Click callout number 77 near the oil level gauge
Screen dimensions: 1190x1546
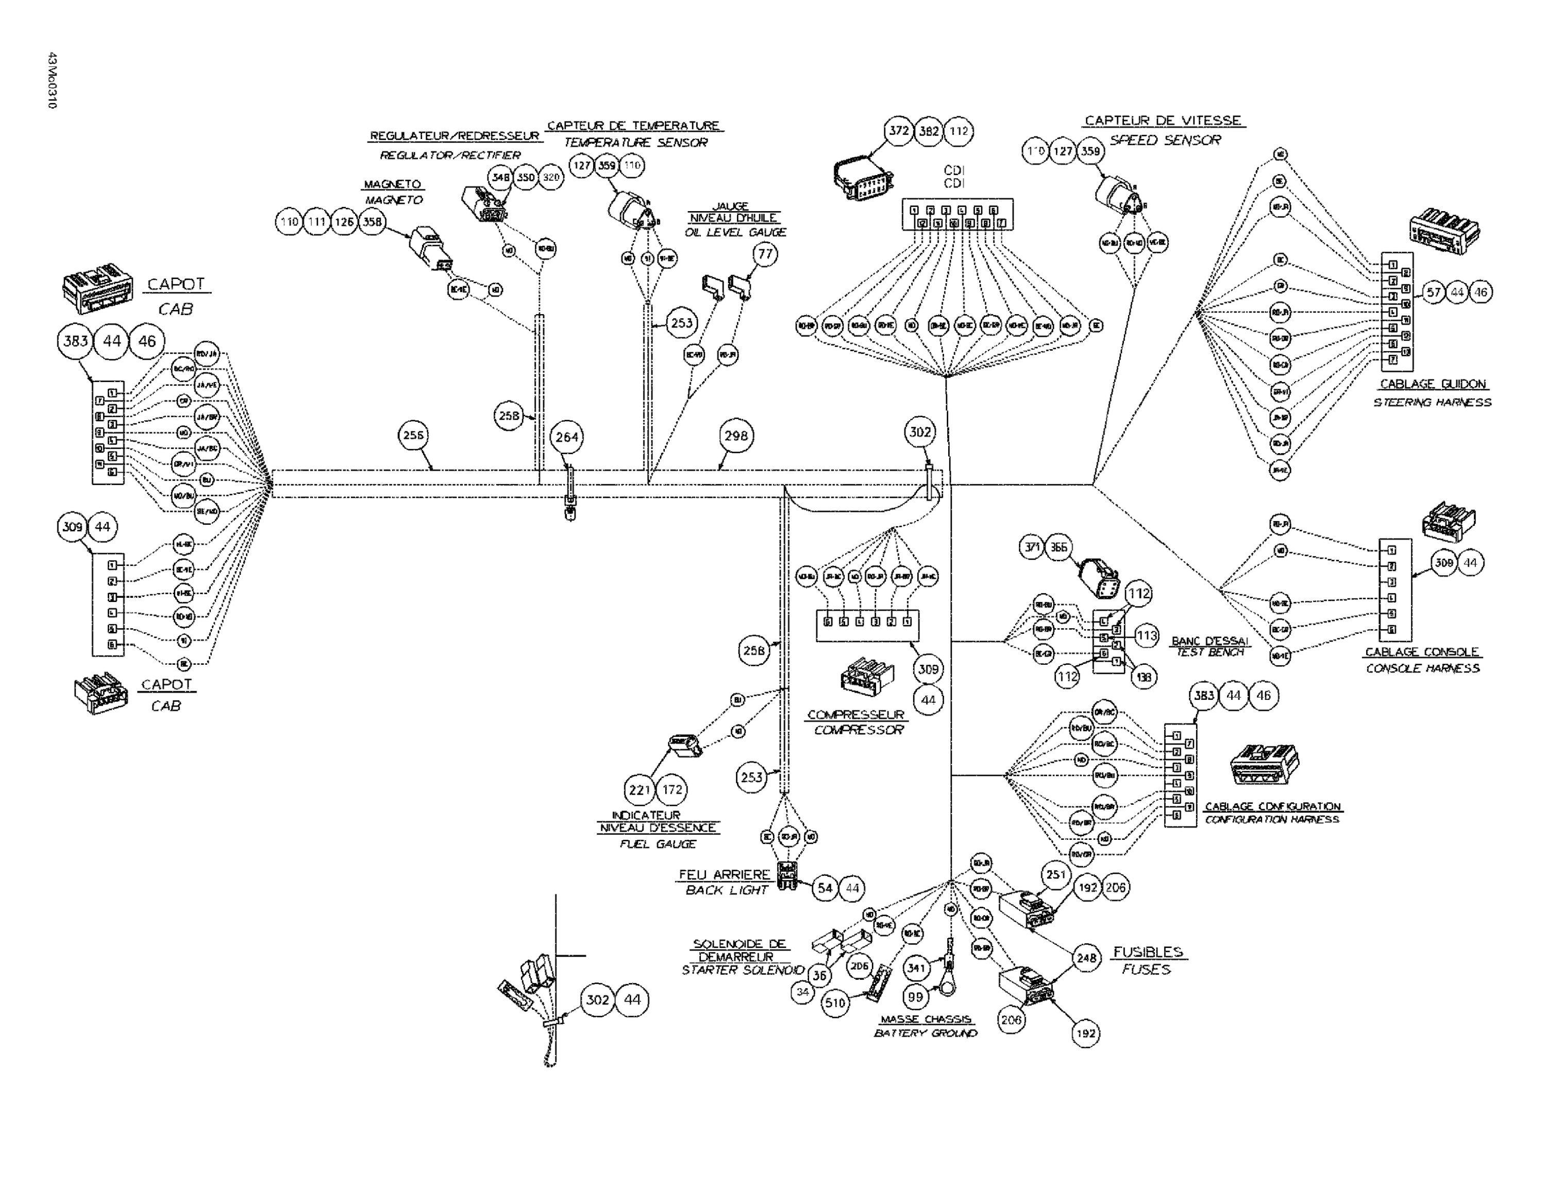click(x=765, y=254)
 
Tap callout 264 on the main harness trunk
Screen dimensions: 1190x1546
click(x=567, y=437)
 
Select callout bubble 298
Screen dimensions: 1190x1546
click(x=736, y=436)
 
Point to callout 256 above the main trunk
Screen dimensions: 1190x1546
click(x=413, y=436)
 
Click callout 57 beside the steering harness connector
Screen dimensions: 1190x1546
click(x=1434, y=292)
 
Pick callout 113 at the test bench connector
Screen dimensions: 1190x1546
click(x=1147, y=635)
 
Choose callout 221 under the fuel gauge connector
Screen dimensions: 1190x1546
click(x=639, y=789)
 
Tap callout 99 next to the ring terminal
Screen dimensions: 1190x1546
click(x=915, y=997)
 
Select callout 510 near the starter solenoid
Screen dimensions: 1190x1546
click(x=835, y=1003)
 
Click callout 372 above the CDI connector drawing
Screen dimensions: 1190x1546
click(x=899, y=131)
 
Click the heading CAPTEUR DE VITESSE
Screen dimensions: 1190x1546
click(x=1163, y=121)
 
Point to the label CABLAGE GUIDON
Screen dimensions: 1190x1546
click(x=1433, y=384)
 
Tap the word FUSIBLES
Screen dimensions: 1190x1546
click(x=1148, y=952)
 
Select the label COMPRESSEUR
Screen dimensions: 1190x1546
click(x=856, y=715)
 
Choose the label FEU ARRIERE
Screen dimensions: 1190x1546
click(x=724, y=874)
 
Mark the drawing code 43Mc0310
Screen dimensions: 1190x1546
click(x=52, y=81)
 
